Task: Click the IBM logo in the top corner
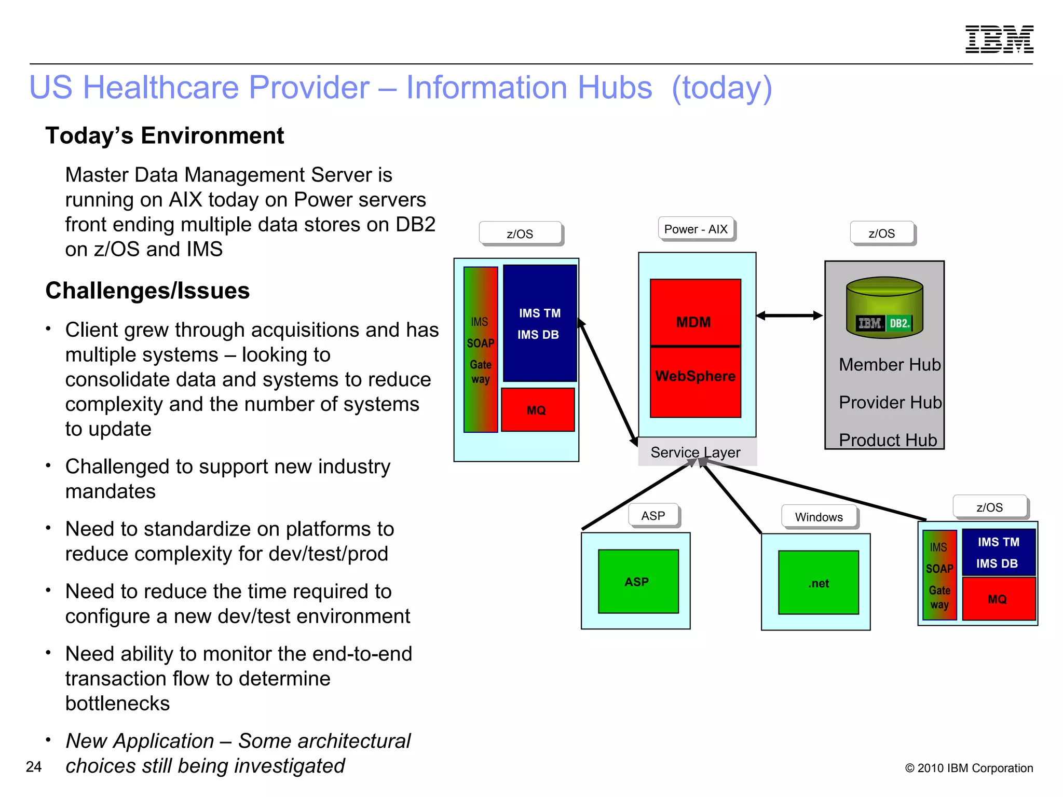tap(999, 39)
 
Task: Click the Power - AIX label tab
tap(696, 229)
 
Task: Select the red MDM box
tap(694, 313)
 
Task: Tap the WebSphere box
tap(695, 382)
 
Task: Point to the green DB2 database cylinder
tap(884, 307)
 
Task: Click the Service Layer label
tap(696, 452)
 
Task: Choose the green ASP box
tap(638, 581)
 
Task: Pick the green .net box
tap(818, 583)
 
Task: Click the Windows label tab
tap(819, 517)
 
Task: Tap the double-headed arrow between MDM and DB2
tap(789, 315)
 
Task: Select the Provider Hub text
tap(890, 402)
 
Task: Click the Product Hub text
tap(888, 440)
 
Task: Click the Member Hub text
tap(889, 364)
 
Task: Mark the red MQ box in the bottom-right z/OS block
tap(998, 599)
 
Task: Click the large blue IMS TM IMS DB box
tap(539, 323)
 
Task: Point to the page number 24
tap(34, 766)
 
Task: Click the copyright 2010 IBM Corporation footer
tap(969, 768)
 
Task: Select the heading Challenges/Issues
tap(147, 291)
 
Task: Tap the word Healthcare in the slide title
tap(226, 87)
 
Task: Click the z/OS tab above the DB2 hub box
tap(881, 233)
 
